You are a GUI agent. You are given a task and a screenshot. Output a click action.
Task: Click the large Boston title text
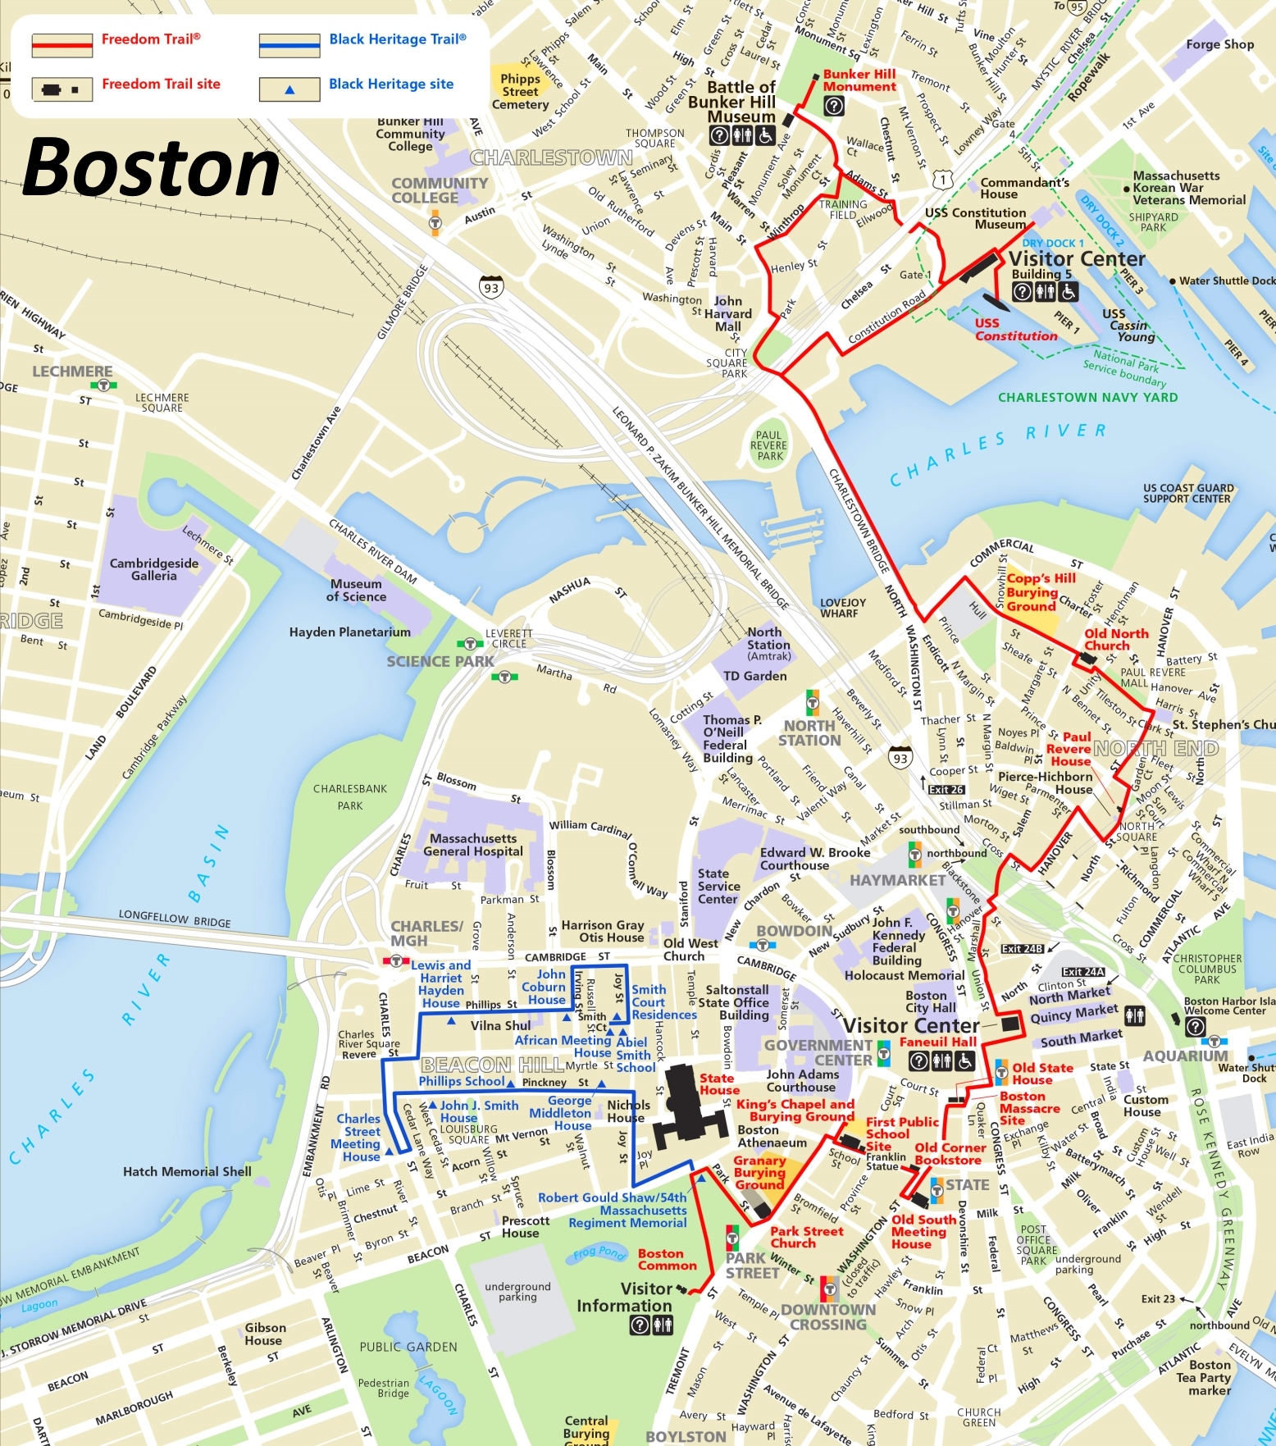[152, 169]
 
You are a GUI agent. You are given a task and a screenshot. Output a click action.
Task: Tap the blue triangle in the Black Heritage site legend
[289, 90]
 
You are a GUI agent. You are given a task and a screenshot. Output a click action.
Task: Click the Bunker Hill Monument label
[859, 80]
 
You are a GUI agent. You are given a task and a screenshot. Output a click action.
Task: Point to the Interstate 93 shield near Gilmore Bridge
[490, 288]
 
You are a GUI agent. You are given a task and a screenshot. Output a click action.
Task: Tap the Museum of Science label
[356, 590]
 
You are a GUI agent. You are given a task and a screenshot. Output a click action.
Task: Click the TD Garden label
[754, 676]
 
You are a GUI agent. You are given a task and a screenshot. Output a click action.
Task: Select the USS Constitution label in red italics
[1015, 330]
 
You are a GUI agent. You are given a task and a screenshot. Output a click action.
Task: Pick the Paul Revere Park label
[769, 445]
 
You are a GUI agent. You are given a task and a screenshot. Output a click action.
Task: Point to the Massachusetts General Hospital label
[473, 845]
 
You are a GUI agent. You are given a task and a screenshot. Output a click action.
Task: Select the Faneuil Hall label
[937, 1042]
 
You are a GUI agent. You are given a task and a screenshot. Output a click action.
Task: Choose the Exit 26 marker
[946, 790]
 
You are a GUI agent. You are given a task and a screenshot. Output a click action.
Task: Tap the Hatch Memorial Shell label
[187, 1171]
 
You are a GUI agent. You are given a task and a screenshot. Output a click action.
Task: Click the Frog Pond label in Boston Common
[599, 1252]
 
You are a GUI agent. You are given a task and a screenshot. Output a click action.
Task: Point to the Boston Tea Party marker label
[1209, 1377]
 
